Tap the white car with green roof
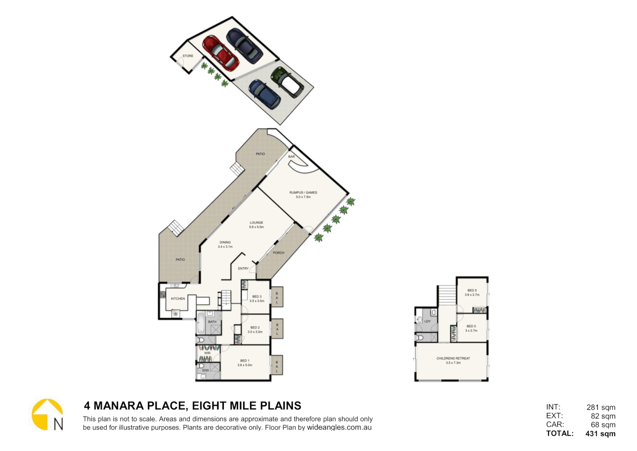pyautogui.click(x=287, y=82)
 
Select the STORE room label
pyautogui.click(x=188, y=56)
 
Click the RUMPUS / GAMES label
pyautogui.click(x=303, y=193)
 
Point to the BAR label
pyautogui.click(x=291, y=157)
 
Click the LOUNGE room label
pyautogui.click(x=256, y=223)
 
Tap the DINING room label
pyautogui.click(x=225, y=242)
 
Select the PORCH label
pyautogui.click(x=278, y=253)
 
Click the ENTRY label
pyautogui.click(x=243, y=269)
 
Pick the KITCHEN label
pyautogui.click(x=178, y=299)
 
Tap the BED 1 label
pyautogui.click(x=245, y=361)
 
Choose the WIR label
pyautogui.click(x=207, y=353)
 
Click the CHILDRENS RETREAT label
pyautogui.click(x=453, y=358)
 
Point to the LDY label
pyautogui.click(x=427, y=322)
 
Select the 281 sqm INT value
pyautogui.click(x=601, y=407)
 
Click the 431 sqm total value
pyautogui.click(x=600, y=433)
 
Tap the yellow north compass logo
pyautogui.click(x=47, y=414)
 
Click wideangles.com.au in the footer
pyautogui.click(x=339, y=427)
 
